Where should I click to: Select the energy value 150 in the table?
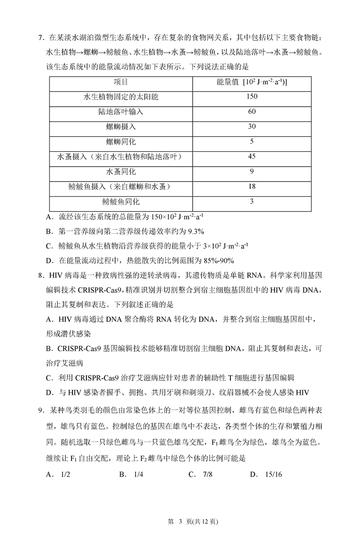click(x=252, y=96)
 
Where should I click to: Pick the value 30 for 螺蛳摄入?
click(x=252, y=127)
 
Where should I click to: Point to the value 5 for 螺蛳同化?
click(x=252, y=141)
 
